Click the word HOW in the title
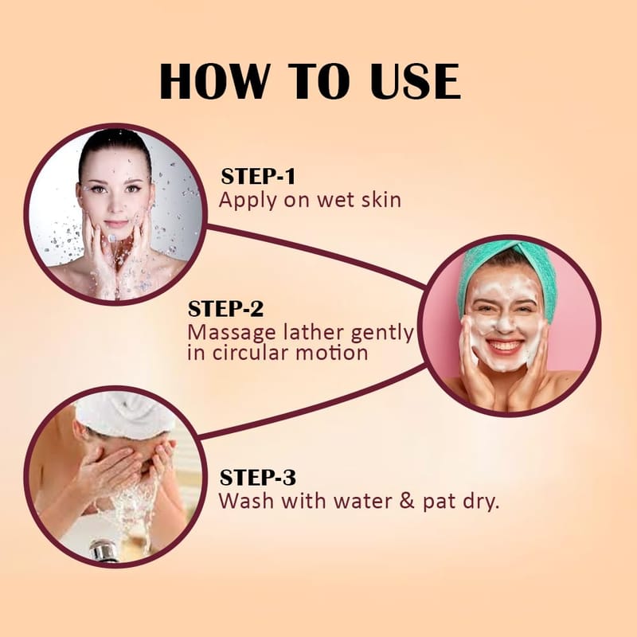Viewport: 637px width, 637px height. click(214, 81)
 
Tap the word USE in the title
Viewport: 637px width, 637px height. click(416, 81)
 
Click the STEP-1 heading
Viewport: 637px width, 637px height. click(257, 176)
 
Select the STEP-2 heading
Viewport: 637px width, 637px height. click(225, 309)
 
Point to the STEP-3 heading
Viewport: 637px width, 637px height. click(257, 477)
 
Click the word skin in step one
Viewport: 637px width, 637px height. click(381, 200)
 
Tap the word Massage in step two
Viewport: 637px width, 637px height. click(232, 333)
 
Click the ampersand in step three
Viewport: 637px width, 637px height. click(407, 501)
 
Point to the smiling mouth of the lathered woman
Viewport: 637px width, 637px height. click(504, 346)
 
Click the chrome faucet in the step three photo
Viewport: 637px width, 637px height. click(104, 550)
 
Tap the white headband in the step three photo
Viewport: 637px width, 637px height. click(124, 414)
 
